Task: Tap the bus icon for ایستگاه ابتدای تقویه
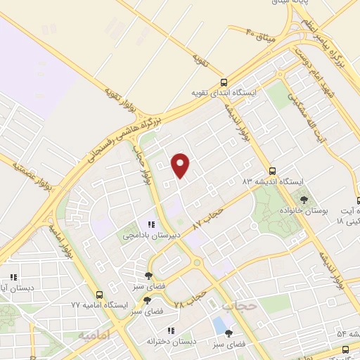click(x=224, y=82)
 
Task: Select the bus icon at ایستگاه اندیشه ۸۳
click(x=272, y=170)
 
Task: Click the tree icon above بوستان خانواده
click(x=303, y=200)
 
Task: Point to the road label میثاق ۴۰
click(x=262, y=30)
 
